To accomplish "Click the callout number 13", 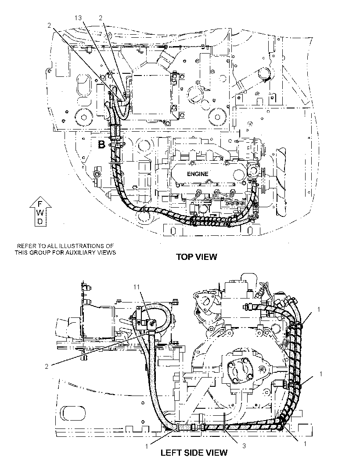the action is (78, 18).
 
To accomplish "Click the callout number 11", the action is (137, 287).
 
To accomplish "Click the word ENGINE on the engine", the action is (198, 174).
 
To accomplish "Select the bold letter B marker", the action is (102, 145).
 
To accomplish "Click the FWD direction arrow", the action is (40, 211).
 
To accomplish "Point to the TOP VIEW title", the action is (196, 257).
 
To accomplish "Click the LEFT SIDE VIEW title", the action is (194, 453).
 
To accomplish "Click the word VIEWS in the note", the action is (108, 252).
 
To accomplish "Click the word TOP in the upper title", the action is (183, 257).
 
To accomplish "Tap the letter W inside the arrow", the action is (40, 212).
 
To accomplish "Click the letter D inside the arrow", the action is (40, 221).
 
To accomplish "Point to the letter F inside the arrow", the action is (40, 204).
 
